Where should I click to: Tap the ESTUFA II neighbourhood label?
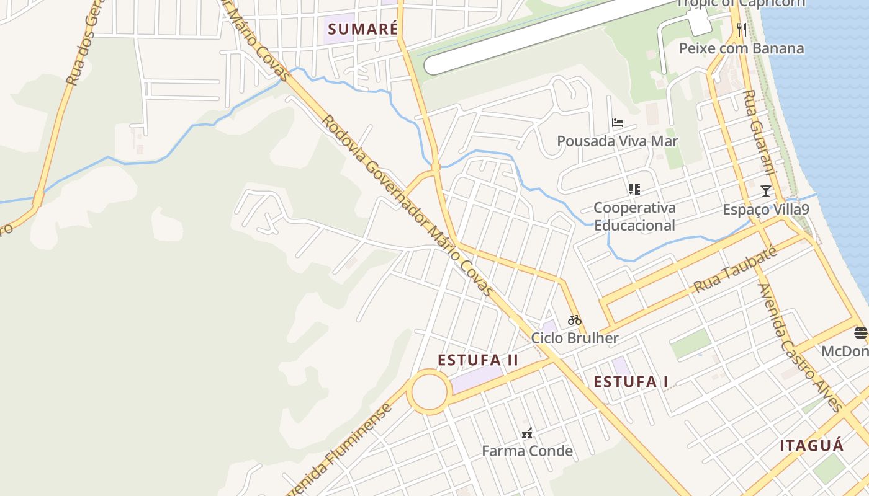(478, 360)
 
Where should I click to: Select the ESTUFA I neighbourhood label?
(631, 382)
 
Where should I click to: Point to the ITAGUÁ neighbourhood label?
(812, 446)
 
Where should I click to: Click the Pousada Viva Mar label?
(617, 141)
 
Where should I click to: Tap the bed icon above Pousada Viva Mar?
(617, 123)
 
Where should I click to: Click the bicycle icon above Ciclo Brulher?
(575, 320)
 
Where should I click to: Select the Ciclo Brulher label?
(575, 338)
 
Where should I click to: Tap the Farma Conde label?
(527, 451)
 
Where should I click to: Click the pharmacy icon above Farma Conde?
(527, 433)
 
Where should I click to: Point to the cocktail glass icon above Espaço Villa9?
(766, 191)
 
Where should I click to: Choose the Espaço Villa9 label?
(766, 210)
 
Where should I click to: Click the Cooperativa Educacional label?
(634, 216)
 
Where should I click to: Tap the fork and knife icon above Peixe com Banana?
(741, 30)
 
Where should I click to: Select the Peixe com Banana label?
(741, 48)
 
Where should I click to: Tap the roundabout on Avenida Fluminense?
(430, 391)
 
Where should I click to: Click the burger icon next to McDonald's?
(860, 333)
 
